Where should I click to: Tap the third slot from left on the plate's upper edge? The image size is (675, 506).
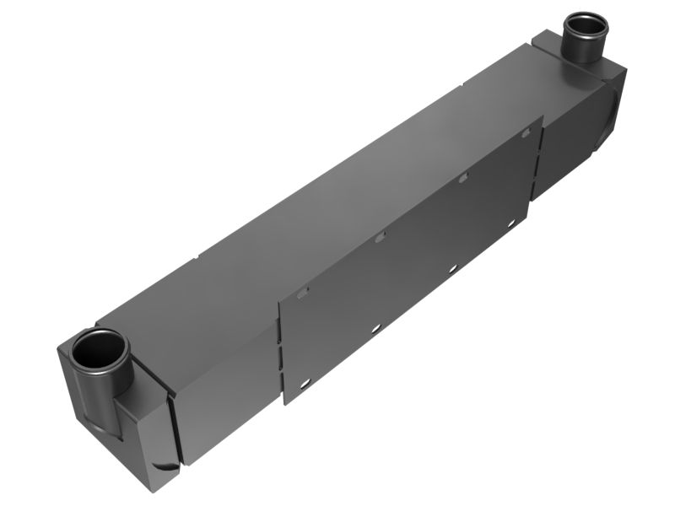pos(462,178)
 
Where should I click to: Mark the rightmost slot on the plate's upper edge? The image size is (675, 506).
pos(527,132)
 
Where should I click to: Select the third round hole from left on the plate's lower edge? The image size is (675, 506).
pos(452,268)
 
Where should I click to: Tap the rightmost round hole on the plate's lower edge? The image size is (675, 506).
pos(510,223)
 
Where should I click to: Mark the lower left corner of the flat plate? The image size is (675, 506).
pos(285,404)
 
